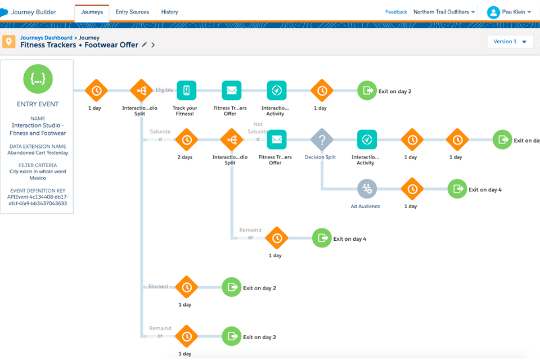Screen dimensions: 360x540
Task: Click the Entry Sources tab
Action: click(x=132, y=12)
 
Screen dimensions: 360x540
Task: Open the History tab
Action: click(x=169, y=12)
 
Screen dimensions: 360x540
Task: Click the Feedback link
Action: click(x=396, y=12)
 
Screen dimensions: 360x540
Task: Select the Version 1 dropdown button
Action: click(x=510, y=42)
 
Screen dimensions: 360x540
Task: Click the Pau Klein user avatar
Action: click(x=493, y=12)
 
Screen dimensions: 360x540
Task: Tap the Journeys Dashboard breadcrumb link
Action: click(x=46, y=38)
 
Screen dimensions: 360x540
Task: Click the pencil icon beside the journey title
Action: click(x=145, y=45)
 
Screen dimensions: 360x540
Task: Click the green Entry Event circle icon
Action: click(x=38, y=79)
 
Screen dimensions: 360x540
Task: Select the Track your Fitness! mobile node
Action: click(x=186, y=90)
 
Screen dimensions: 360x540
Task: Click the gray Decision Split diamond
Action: click(x=322, y=139)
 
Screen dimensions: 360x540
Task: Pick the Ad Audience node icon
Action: click(x=367, y=189)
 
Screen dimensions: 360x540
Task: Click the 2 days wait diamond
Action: click(x=186, y=139)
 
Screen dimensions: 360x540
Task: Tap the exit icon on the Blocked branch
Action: click(x=231, y=287)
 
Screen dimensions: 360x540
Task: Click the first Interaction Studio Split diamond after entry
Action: click(x=141, y=90)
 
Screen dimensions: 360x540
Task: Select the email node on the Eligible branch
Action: click(x=231, y=90)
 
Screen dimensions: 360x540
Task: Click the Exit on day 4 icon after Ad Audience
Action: click(x=457, y=189)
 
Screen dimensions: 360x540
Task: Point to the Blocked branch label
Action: click(x=158, y=286)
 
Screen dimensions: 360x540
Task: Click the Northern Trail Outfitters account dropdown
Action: click(x=444, y=12)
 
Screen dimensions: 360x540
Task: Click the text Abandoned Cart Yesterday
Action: click(x=38, y=152)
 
